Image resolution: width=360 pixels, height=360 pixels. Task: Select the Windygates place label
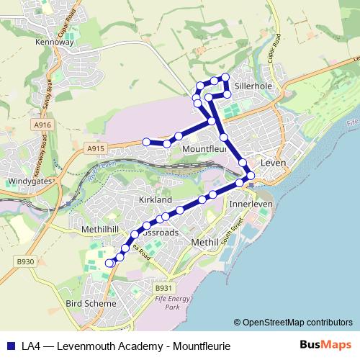coord(29,181)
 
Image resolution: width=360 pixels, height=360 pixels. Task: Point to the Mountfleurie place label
coord(204,149)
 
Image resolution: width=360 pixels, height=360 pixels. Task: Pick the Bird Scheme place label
coord(90,304)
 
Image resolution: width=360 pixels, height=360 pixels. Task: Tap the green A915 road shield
coord(94,148)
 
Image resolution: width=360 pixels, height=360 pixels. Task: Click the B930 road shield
coord(26,261)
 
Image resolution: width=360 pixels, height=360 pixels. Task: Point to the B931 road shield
coord(162,288)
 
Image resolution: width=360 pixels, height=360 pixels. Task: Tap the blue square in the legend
coord(10,346)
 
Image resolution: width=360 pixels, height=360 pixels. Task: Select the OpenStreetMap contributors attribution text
coord(293,323)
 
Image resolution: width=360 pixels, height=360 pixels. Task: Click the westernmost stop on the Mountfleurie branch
coord(146,142)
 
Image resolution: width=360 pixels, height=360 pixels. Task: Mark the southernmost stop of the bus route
coord(110,264)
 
